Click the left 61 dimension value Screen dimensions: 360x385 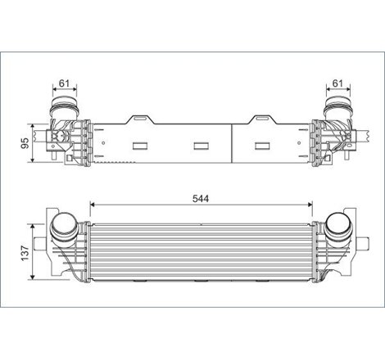65,83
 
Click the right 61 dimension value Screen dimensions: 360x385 337,83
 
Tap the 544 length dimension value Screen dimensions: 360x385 202,196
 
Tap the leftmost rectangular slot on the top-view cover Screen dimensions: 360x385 137,147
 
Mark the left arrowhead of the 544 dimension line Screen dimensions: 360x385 92,205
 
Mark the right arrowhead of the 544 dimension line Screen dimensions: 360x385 310,205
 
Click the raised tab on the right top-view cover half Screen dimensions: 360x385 265,118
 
